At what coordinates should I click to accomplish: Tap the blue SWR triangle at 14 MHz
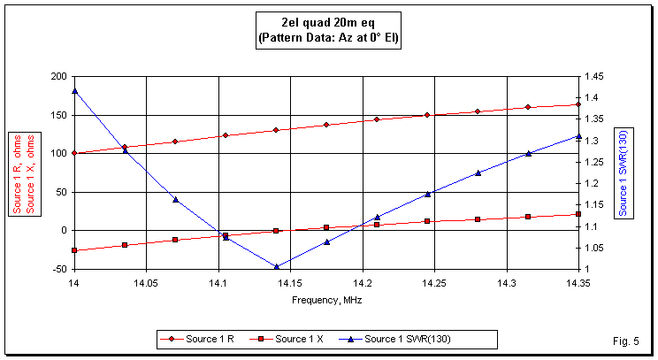pos(74,90)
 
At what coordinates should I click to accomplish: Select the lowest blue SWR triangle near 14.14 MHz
pos(276,266)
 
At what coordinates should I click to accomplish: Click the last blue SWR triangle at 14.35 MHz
pos(578,136)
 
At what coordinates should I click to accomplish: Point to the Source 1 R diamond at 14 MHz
pos(74,153)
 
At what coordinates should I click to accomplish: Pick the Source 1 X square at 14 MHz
pos(74,250)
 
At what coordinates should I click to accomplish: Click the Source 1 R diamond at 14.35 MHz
pos(578,104)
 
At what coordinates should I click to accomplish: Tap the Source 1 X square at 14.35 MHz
pos(578,214)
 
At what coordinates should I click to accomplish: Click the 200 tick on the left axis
pos(58,77)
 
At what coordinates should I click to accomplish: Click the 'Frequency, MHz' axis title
pos(326,300)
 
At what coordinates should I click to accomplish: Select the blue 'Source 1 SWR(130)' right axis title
pos(624,173)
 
